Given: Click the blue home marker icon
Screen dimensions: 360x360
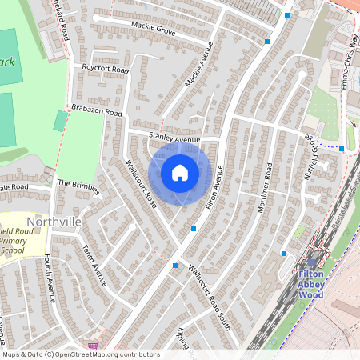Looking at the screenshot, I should pyautogui.click(x=180, y=173).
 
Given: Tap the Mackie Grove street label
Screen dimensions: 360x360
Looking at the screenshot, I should pyautogui.click(x=154, y=30).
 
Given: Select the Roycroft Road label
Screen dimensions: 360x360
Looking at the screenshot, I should pyautogui.click(x=105, y=70).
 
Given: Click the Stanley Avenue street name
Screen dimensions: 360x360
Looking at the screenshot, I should pyautogui.click(x=174, y=139).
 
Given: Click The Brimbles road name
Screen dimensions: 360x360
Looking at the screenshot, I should pyautogui.click(x=78, y=187).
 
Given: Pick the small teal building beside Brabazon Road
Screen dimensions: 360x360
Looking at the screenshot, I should pyautogui.click(x=61, y=121).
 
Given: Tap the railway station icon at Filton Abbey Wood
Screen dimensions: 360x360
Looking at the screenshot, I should pyautogui.click(x=311, y=262).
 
